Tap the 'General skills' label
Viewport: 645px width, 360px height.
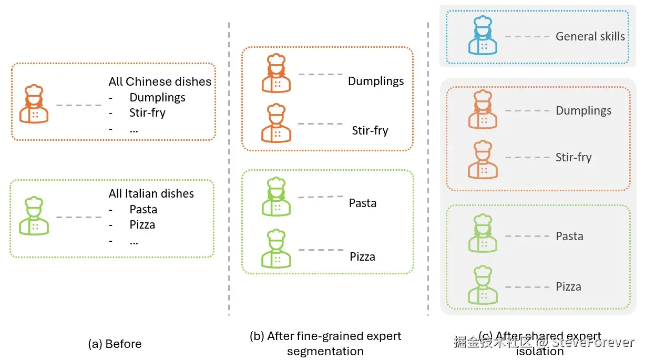tap(590, 36)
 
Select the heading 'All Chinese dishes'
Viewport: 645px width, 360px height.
tap(160, 81)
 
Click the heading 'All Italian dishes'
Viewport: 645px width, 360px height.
tap(151, 193)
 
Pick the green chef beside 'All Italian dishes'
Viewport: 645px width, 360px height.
tap(34, 216)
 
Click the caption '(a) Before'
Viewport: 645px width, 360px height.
tap(115, 344)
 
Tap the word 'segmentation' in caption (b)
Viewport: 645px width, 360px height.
tap(325, 351)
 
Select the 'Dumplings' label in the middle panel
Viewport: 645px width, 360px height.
tap(376, 81)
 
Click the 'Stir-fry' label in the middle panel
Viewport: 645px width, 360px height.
tap(370, 130)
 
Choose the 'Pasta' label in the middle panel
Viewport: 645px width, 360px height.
tap(363, 203)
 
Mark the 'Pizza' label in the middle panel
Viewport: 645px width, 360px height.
tap(363, 256)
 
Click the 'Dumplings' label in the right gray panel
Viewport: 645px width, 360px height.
tap(583, 110)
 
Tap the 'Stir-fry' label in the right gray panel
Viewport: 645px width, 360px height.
tap(574, 157)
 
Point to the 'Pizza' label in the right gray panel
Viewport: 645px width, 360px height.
tap(569, 286)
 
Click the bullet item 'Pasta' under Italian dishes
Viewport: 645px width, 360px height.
tap(144, 209)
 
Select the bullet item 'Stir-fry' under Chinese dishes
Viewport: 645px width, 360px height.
tap(147, 112)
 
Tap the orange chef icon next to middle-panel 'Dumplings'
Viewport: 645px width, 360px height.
tap(276, 73)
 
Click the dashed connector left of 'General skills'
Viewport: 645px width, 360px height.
tap(526, 36)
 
